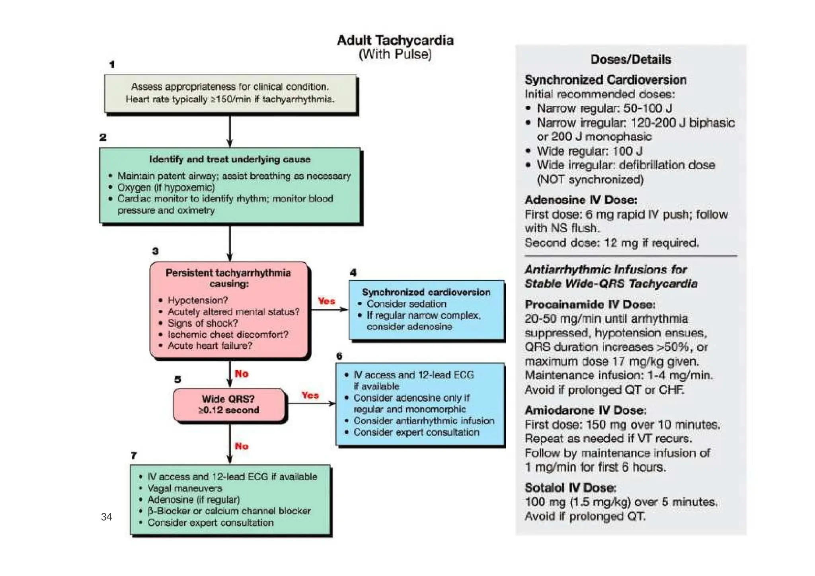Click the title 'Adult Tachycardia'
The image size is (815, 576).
[395, 40]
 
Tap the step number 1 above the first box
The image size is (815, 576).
[112, 64]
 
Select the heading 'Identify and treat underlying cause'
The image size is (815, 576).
[230, 159]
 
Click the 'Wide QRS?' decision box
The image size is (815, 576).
[229, 404]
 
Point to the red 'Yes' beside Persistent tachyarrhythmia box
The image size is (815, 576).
[326, 301]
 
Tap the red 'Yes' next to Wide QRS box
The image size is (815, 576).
[310, 395]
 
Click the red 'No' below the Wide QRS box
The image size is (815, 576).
[241, 446]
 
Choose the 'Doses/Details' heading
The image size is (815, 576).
[630, 59]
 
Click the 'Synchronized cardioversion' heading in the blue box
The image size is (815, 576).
[426, 292]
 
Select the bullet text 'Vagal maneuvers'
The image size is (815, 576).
[185, 488]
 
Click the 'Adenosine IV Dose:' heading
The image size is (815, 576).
[581, 200]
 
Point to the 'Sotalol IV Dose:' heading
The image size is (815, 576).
[570, 488]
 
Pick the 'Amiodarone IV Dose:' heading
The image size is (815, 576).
[585, 410]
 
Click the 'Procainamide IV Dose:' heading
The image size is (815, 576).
[590, 305]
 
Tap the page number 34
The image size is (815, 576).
[106, 517]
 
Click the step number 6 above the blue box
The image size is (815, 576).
[339, 356]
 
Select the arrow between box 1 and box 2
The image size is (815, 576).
[230, 131]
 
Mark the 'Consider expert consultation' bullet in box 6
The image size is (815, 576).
[416, 432]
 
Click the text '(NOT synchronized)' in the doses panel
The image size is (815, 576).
[590, 180]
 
